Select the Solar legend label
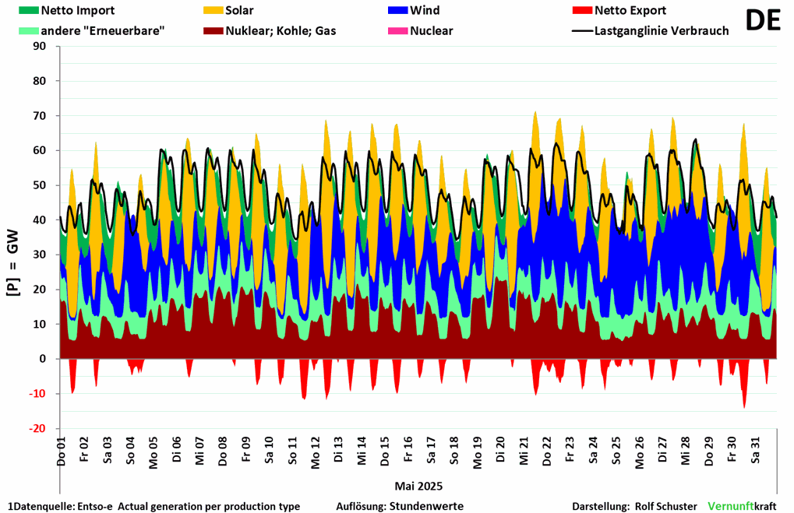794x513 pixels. tap(242, 11)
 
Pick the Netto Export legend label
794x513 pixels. tap(630, 11)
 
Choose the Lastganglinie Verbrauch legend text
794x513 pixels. tap(662, 31)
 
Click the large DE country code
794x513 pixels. tap(763, 21)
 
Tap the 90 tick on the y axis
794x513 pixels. tap(41, 47)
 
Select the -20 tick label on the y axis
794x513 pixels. tap(38, 429)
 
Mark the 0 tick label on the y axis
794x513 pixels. tap(44, 359)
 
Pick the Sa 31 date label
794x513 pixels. tap(756, 449)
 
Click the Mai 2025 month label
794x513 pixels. tap(418, 487)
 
